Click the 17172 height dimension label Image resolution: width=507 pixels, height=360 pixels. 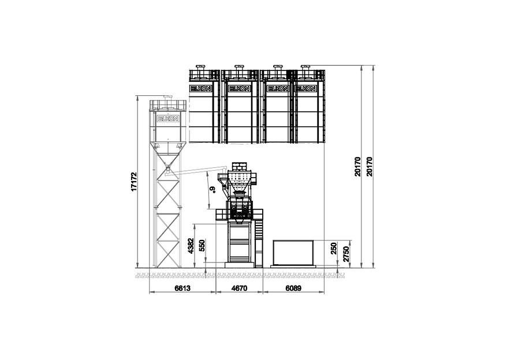(x=134, y=182)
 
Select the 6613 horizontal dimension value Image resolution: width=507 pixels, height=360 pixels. (x=182, y=288)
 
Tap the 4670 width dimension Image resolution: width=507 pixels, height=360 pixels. (x=240, y=288)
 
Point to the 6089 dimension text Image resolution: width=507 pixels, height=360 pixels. (x=293, y=288)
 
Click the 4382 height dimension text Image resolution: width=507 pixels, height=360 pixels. (x=191, y=246)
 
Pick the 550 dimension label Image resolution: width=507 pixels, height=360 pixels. (x=202, y=246)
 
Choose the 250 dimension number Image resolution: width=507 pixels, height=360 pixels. (x=334, y=249)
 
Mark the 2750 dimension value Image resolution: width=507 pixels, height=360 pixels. (x=346, y=254)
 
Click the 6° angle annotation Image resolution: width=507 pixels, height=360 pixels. (x=212, y=190)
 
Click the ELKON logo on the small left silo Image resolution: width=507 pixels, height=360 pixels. (x=168, y=119)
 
